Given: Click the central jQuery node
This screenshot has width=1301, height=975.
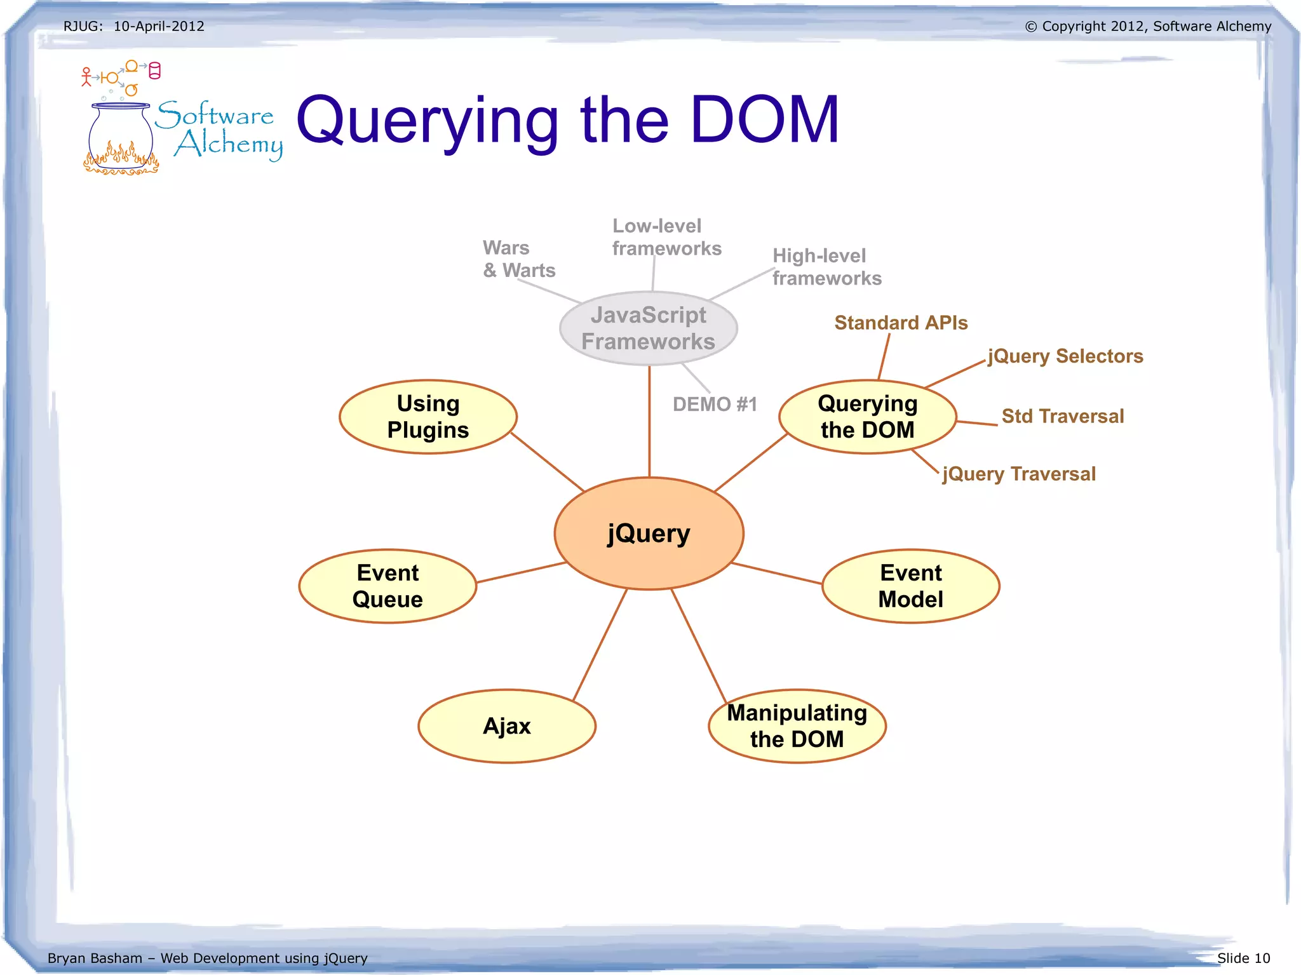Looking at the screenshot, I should point(649,534).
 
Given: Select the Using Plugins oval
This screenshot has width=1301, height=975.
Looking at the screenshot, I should point(428,417).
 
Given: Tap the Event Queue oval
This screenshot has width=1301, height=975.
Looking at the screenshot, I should point(388,586).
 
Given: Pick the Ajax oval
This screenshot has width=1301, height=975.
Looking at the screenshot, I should point(506,726).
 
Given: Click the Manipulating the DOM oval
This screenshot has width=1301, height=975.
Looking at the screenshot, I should point(797,726).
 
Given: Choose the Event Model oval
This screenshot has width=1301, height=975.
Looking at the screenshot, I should point(910,586).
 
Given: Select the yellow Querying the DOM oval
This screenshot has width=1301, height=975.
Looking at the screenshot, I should point(867,417).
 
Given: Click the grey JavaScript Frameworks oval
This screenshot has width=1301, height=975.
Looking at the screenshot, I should point(648,328).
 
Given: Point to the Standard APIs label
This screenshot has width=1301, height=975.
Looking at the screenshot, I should point(901,323).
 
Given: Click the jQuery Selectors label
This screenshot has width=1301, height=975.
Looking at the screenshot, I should point(1065,356).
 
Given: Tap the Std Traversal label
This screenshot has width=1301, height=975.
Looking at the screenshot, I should point(1062,416).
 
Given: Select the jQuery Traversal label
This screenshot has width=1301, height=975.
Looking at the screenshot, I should point(1019,474).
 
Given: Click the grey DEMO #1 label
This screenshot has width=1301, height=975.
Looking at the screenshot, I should point(715,405).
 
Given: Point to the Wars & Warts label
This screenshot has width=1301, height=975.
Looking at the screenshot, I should point(518,259).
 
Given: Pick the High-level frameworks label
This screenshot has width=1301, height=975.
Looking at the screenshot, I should point(826,267).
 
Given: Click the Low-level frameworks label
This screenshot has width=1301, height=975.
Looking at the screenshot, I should point(666,237).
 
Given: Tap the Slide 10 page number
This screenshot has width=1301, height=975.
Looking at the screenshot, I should point(1243,958).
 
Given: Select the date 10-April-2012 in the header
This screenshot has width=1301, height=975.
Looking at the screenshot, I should point(159,26).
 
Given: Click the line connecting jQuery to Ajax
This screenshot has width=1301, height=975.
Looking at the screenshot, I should point(600,645).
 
